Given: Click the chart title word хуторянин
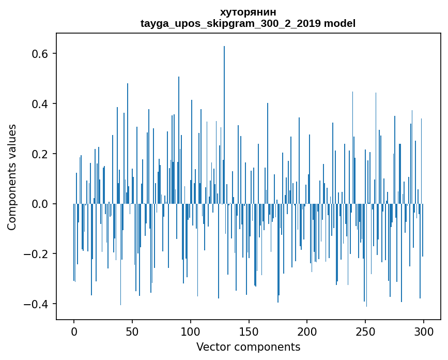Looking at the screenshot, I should click(248, 12).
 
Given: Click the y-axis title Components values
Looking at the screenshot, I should click(12, 177).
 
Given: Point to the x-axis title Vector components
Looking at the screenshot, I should click(248, 347).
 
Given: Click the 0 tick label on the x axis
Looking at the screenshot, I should click(74, 331).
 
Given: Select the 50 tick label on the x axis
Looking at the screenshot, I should click(132, 331).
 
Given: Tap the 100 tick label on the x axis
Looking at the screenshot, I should click(191, 331).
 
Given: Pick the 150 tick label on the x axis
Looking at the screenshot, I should click(249, 331).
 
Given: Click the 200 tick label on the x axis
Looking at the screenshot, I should click(307, 331).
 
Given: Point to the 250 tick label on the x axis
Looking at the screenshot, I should click(365, 331).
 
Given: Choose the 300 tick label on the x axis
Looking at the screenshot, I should click(424, 331).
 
